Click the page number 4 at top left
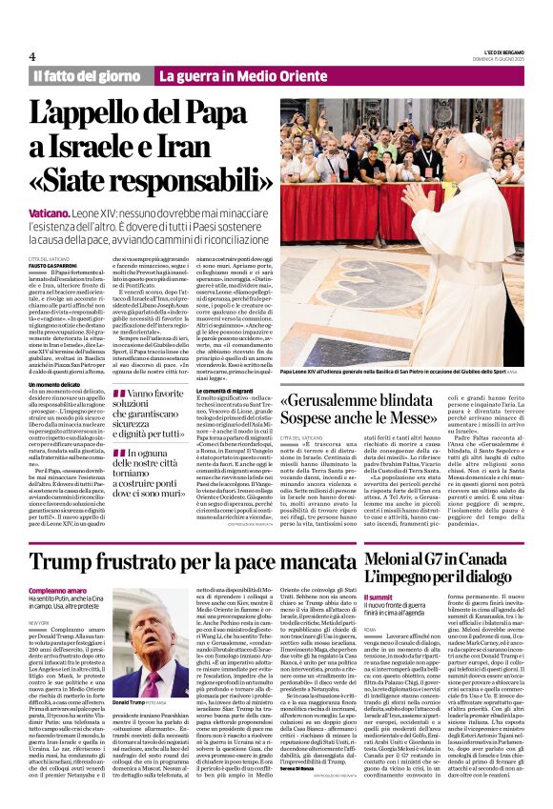pyautogui.click(x=33, y=56)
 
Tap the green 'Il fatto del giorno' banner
pyautogui.click(x=87, y=75)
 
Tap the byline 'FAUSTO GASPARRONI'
pyautogui.click(x=54, y=265)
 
